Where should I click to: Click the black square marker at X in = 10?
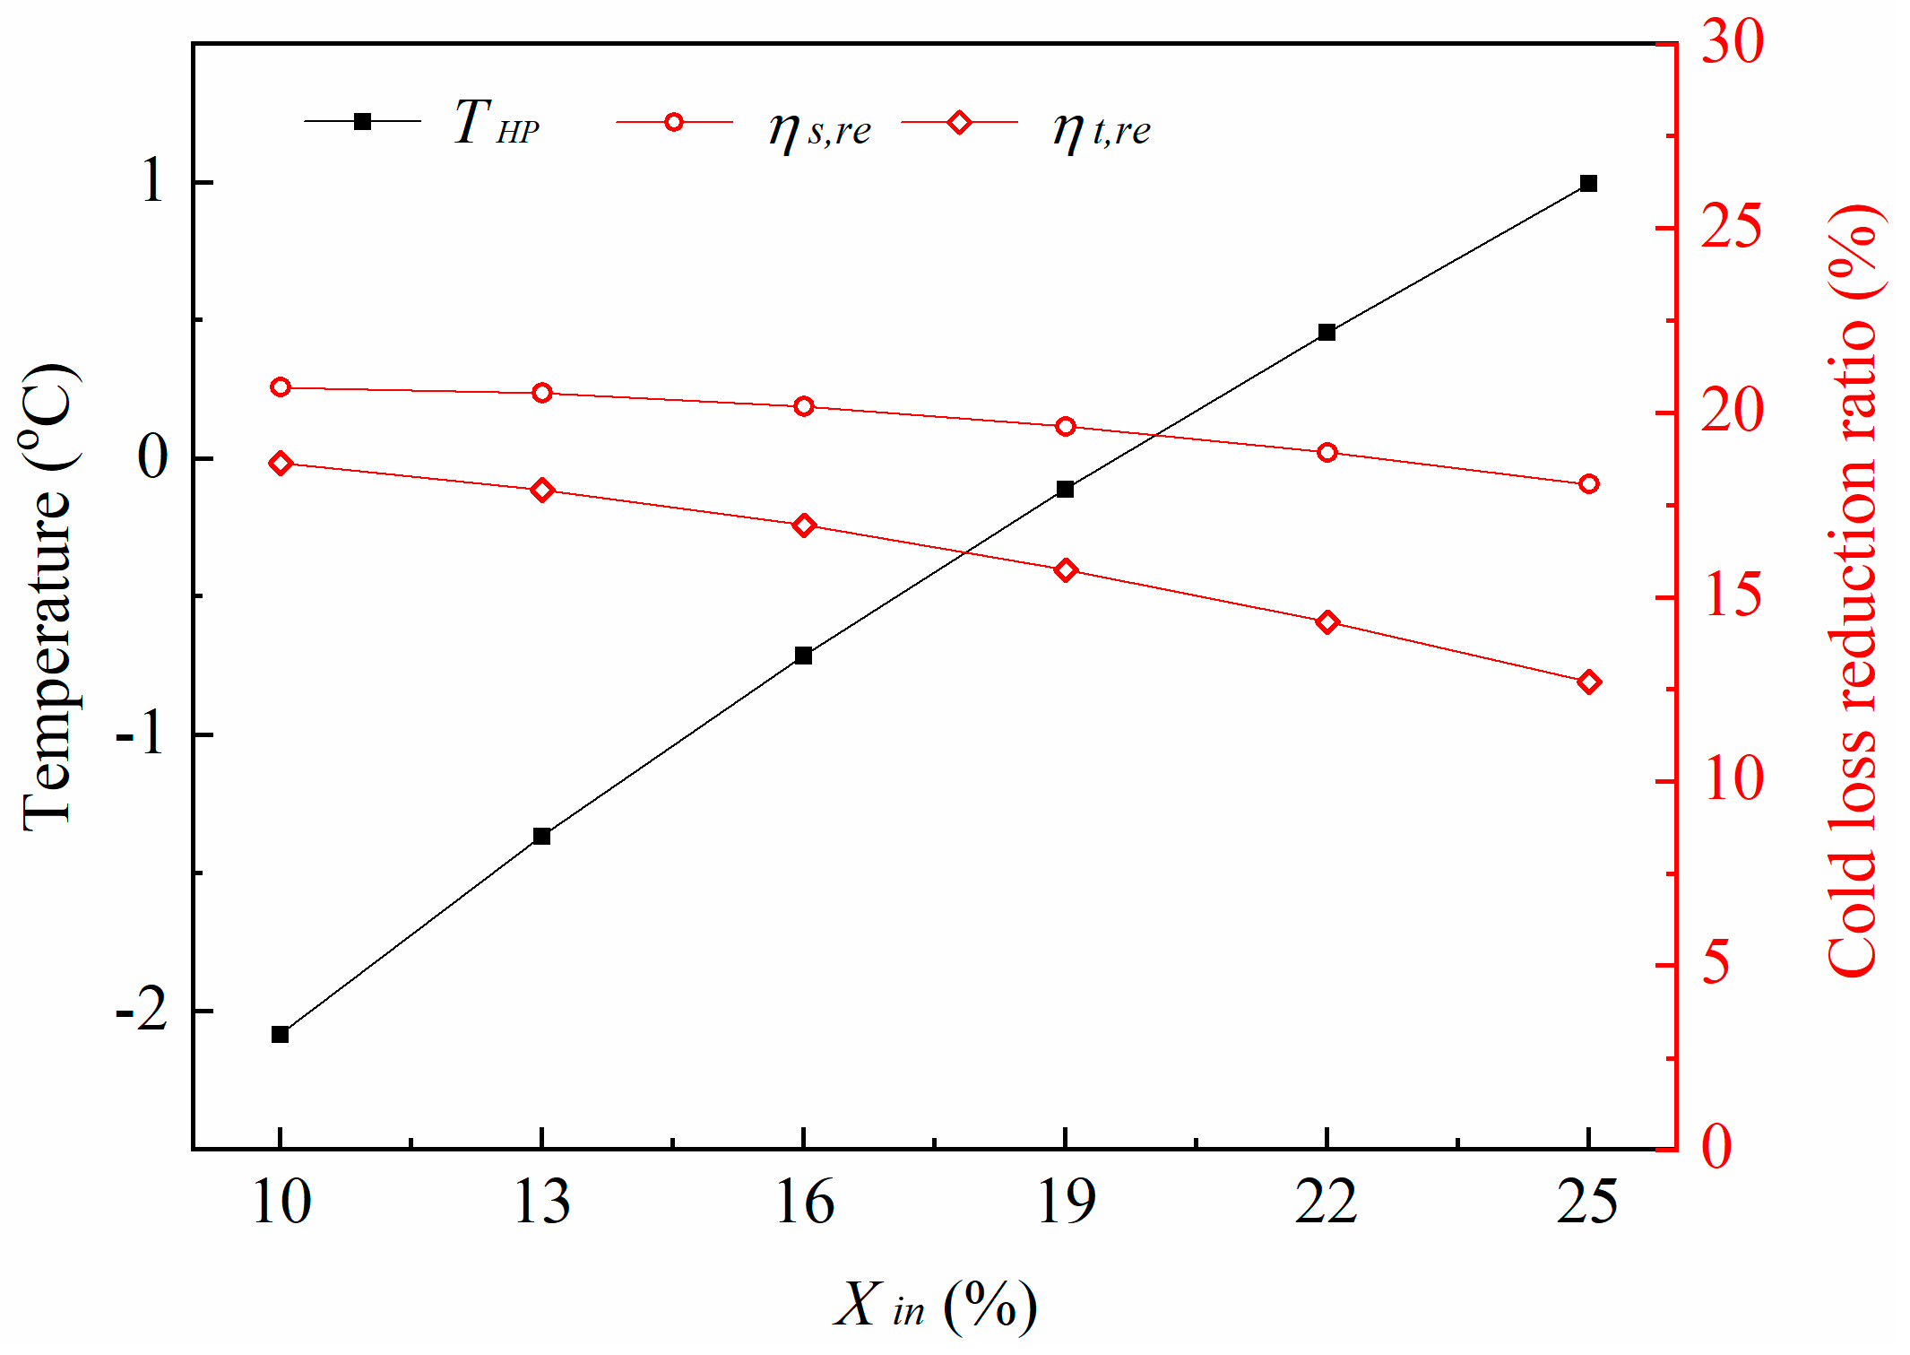pyautogui.click(x=280, y=1034)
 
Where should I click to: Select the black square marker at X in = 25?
pyautogui.click(x=1588, y=184)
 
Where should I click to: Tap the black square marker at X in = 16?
pyautogui.click(x=803, y=656)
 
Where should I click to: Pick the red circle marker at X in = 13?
pyautogui.click(x=541, y=393)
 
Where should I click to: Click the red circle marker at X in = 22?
pyautogui.click(x=1327, y=453)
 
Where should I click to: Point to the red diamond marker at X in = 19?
pyautogui.click(x=1066, y=570)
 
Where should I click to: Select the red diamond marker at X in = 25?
pyautogui.click(x=1589, y=682)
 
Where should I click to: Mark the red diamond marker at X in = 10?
pyautogui.click(x=281, y=464)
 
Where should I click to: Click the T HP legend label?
pyautogui.click(x=497, y=123)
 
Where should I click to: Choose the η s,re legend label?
pyautogui.click(x=819, y=129)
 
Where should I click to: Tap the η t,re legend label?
pyautogui.click(x=1102, y=129)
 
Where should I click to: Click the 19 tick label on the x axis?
pyautogui.click(x=1066, y=1203)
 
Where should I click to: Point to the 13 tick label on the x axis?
pyautogui.click(x=541, y=1203)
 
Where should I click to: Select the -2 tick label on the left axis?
pyautogui.click(x=142, y=1011)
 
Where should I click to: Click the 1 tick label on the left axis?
pyautogui.click(x=153, y=181)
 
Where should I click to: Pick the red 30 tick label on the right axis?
pyautogui.click(x=1732, y=41)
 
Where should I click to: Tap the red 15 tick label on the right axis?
pyautogui.click(x=1732, y=596)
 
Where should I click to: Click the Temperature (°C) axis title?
pyautogui.click(x=49, y=597)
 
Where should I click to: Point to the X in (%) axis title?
pyautogui.click(x=935, y=1304)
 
